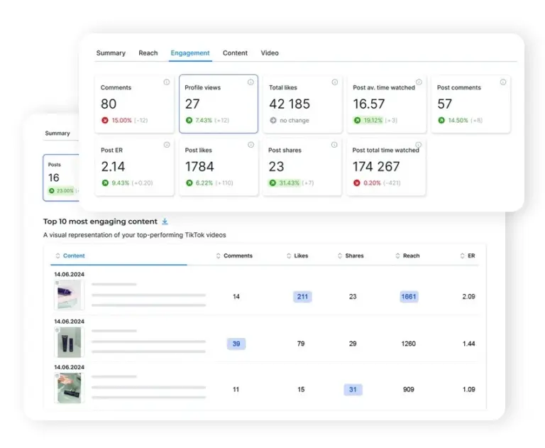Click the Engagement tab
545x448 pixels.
189,53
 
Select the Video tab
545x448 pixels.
269,53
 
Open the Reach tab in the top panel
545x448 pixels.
148,53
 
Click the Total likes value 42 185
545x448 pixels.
289,104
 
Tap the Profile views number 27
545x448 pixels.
192,104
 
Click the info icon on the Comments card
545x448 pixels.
167,82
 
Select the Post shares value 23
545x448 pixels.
276,167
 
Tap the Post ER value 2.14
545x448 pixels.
114,167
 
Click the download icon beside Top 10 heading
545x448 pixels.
165,222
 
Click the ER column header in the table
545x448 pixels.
470,256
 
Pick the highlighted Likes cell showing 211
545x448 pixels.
302,297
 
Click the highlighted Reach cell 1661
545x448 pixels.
409,297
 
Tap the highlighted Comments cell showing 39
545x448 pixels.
236,344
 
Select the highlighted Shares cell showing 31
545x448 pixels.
353,390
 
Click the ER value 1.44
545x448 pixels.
468,344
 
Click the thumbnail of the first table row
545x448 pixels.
69,295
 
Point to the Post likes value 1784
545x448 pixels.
199,167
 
